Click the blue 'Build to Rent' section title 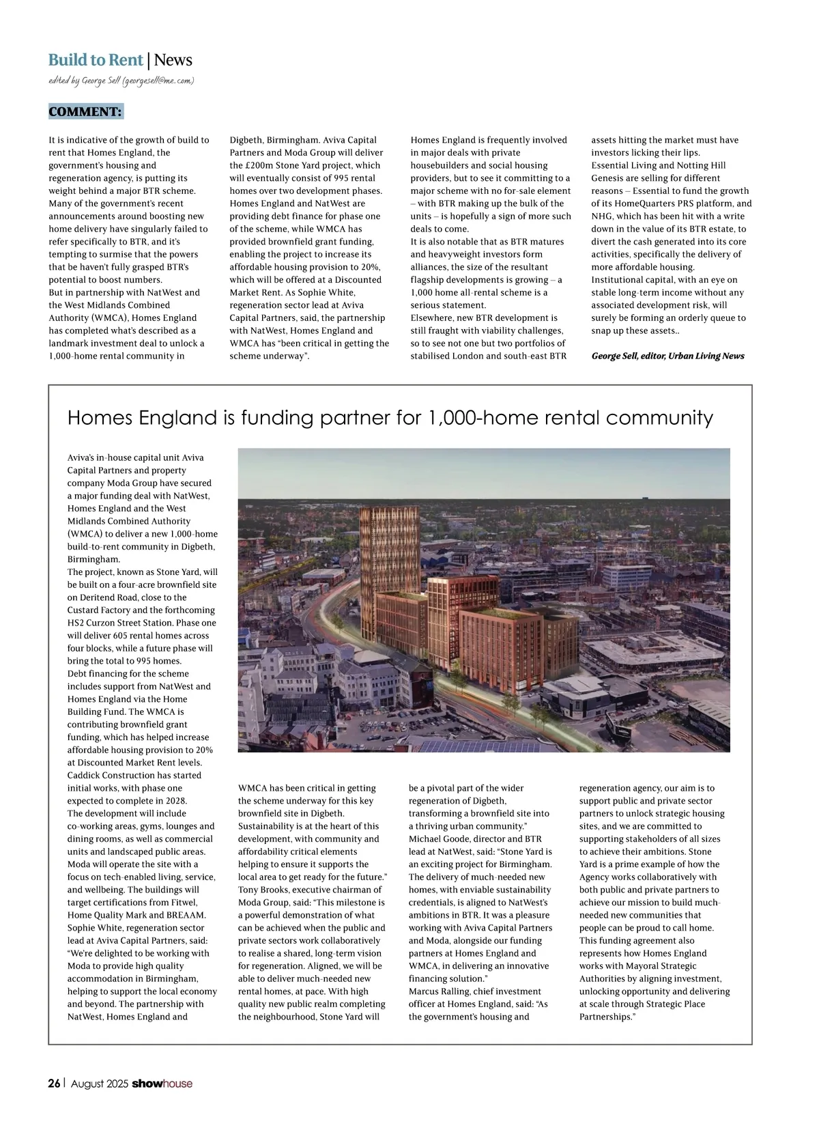96,60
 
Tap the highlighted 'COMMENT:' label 85,112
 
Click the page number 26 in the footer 54,1084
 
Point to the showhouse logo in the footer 162,1084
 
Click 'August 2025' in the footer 100,1084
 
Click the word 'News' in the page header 173,60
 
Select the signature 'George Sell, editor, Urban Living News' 667,356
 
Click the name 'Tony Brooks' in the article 262,890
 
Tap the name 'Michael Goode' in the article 438,839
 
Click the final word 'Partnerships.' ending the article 607,1017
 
